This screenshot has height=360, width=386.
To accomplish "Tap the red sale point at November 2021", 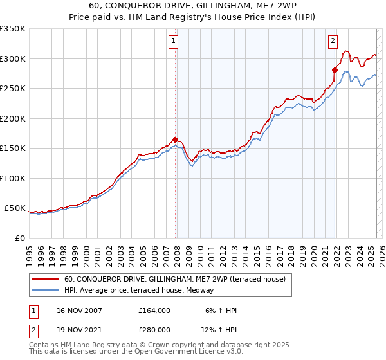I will pyautogui.click(x=335, y=70).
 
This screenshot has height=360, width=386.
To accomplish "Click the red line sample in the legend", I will pyautogui.click(x=47, y=279).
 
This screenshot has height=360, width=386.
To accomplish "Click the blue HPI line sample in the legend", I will pyautogui.click(x=47, y=290).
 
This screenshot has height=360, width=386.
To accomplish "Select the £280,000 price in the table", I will pyautogui.click(x=154, y=330).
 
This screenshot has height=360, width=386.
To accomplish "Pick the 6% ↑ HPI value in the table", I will pyautogui.click(x=220, y=310).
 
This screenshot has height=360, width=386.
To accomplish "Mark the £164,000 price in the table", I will pyautogui.click(x=154, y=310).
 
